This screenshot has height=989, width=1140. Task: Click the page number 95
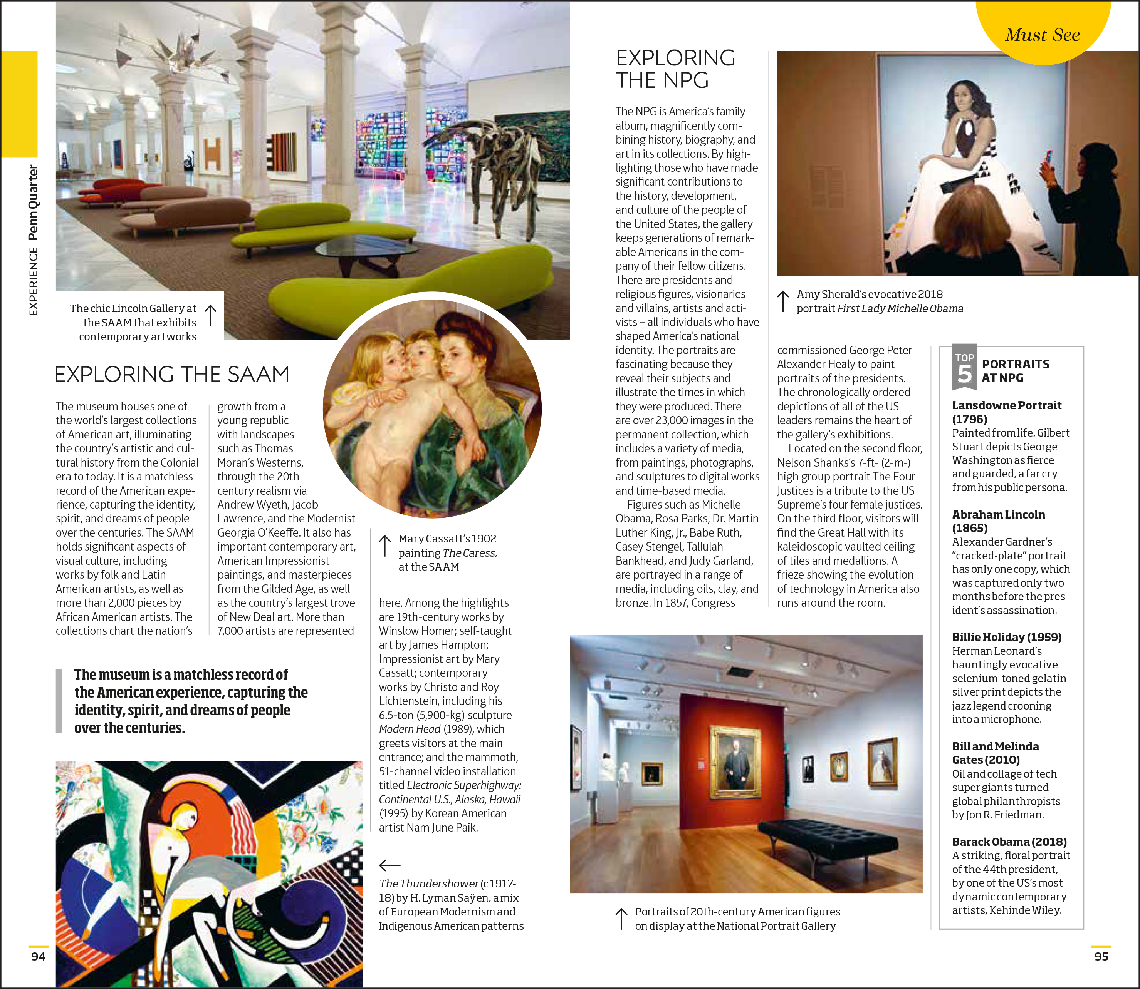click(1101, 956)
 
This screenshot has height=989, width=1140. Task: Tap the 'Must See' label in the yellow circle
click(1042, 35)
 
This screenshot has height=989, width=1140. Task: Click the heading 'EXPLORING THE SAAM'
click(172, 374)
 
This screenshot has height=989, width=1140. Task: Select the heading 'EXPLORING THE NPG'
click(675, 69)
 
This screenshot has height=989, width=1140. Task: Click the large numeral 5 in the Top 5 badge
click(964, 374)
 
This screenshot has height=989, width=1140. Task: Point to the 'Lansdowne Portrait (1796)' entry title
click(1006, 412)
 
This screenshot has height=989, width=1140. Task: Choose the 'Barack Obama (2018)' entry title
click(1009, 842)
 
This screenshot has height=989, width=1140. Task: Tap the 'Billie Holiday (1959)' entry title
click(1006, 637)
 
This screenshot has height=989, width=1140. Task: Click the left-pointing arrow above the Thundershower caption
click(390, 865)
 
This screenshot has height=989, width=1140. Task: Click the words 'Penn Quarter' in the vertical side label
click(33, 202)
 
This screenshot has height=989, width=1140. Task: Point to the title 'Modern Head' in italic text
click(409, 729)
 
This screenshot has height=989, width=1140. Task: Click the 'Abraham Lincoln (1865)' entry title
click(998, 521)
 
